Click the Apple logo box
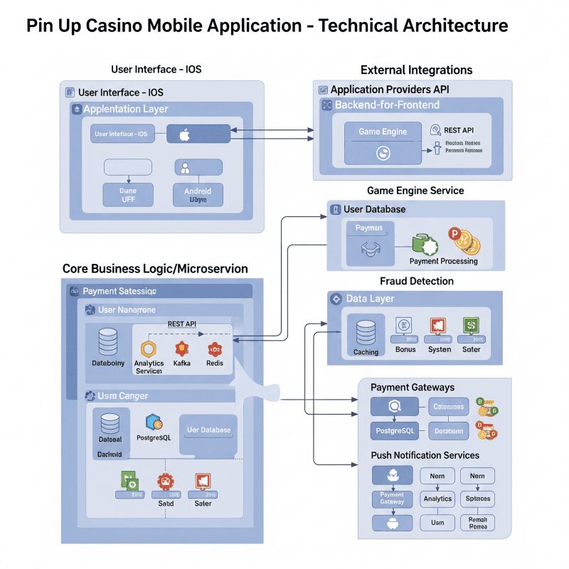[x=198, y=134]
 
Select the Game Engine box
[x=383, y=132]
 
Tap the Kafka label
[x=181, y=363]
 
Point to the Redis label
[x=215, y=363]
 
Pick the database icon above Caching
[x=366, y=331]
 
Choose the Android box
[x=198, y=193]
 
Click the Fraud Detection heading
[x=417, y=282]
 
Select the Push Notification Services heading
[x=425, y=455]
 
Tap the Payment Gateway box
[x=392, y=498]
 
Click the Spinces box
[x=477, y=499]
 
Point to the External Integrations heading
[x=416, y=70]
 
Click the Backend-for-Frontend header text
[x=387, y=105]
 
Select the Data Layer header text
[x=370, y=299]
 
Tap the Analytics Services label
[x=149, y=367]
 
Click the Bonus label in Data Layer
[x=405, y=350]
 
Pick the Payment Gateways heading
[x=413, y=388]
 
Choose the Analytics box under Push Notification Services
[x=437, y=499]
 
